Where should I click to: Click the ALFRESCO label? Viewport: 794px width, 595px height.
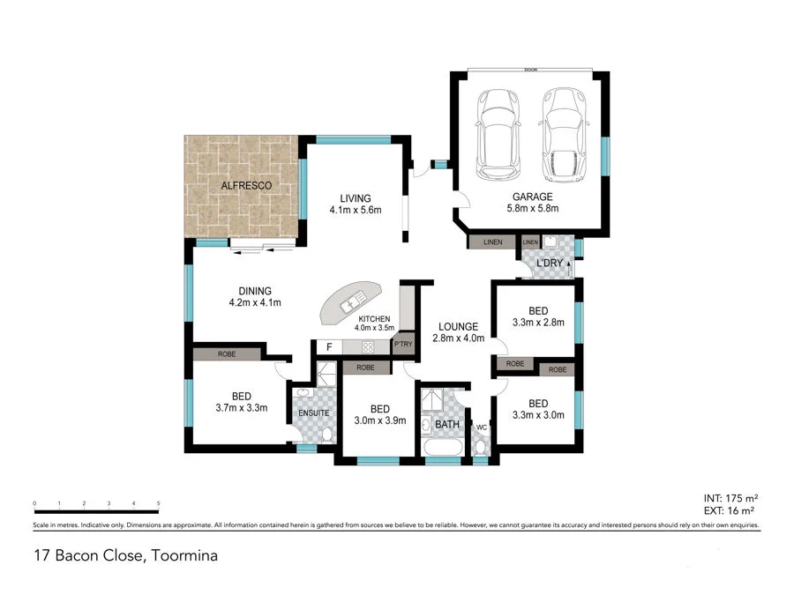(x=245, y=185)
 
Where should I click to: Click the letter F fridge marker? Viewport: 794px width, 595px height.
(x=329, y=347)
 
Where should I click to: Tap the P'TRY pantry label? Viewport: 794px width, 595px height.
(x=403, y=345)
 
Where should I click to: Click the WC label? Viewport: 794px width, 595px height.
(x=482, y=428)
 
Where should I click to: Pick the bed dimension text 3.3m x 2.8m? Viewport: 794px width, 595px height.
(x=538, y=324)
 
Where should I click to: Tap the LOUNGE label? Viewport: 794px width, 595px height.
(x=455, y=325)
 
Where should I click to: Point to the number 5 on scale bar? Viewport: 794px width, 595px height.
(x=158, y=503)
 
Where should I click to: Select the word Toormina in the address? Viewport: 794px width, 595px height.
(x=184, y=556)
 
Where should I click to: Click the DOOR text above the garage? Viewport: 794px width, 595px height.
(x=529, y=70)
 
